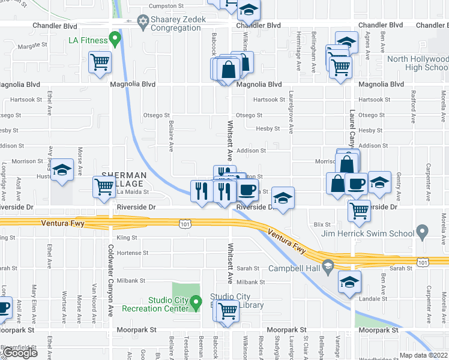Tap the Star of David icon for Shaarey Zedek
[143, 23]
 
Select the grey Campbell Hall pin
[327, 265]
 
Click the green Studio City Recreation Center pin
[196, 304]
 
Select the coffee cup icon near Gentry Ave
[356, 183]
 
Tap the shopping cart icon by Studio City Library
[228, 311]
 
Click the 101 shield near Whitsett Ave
[185, 223]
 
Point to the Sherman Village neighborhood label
[123, 179]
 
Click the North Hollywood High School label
[418, 63]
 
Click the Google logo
[20, 353]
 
